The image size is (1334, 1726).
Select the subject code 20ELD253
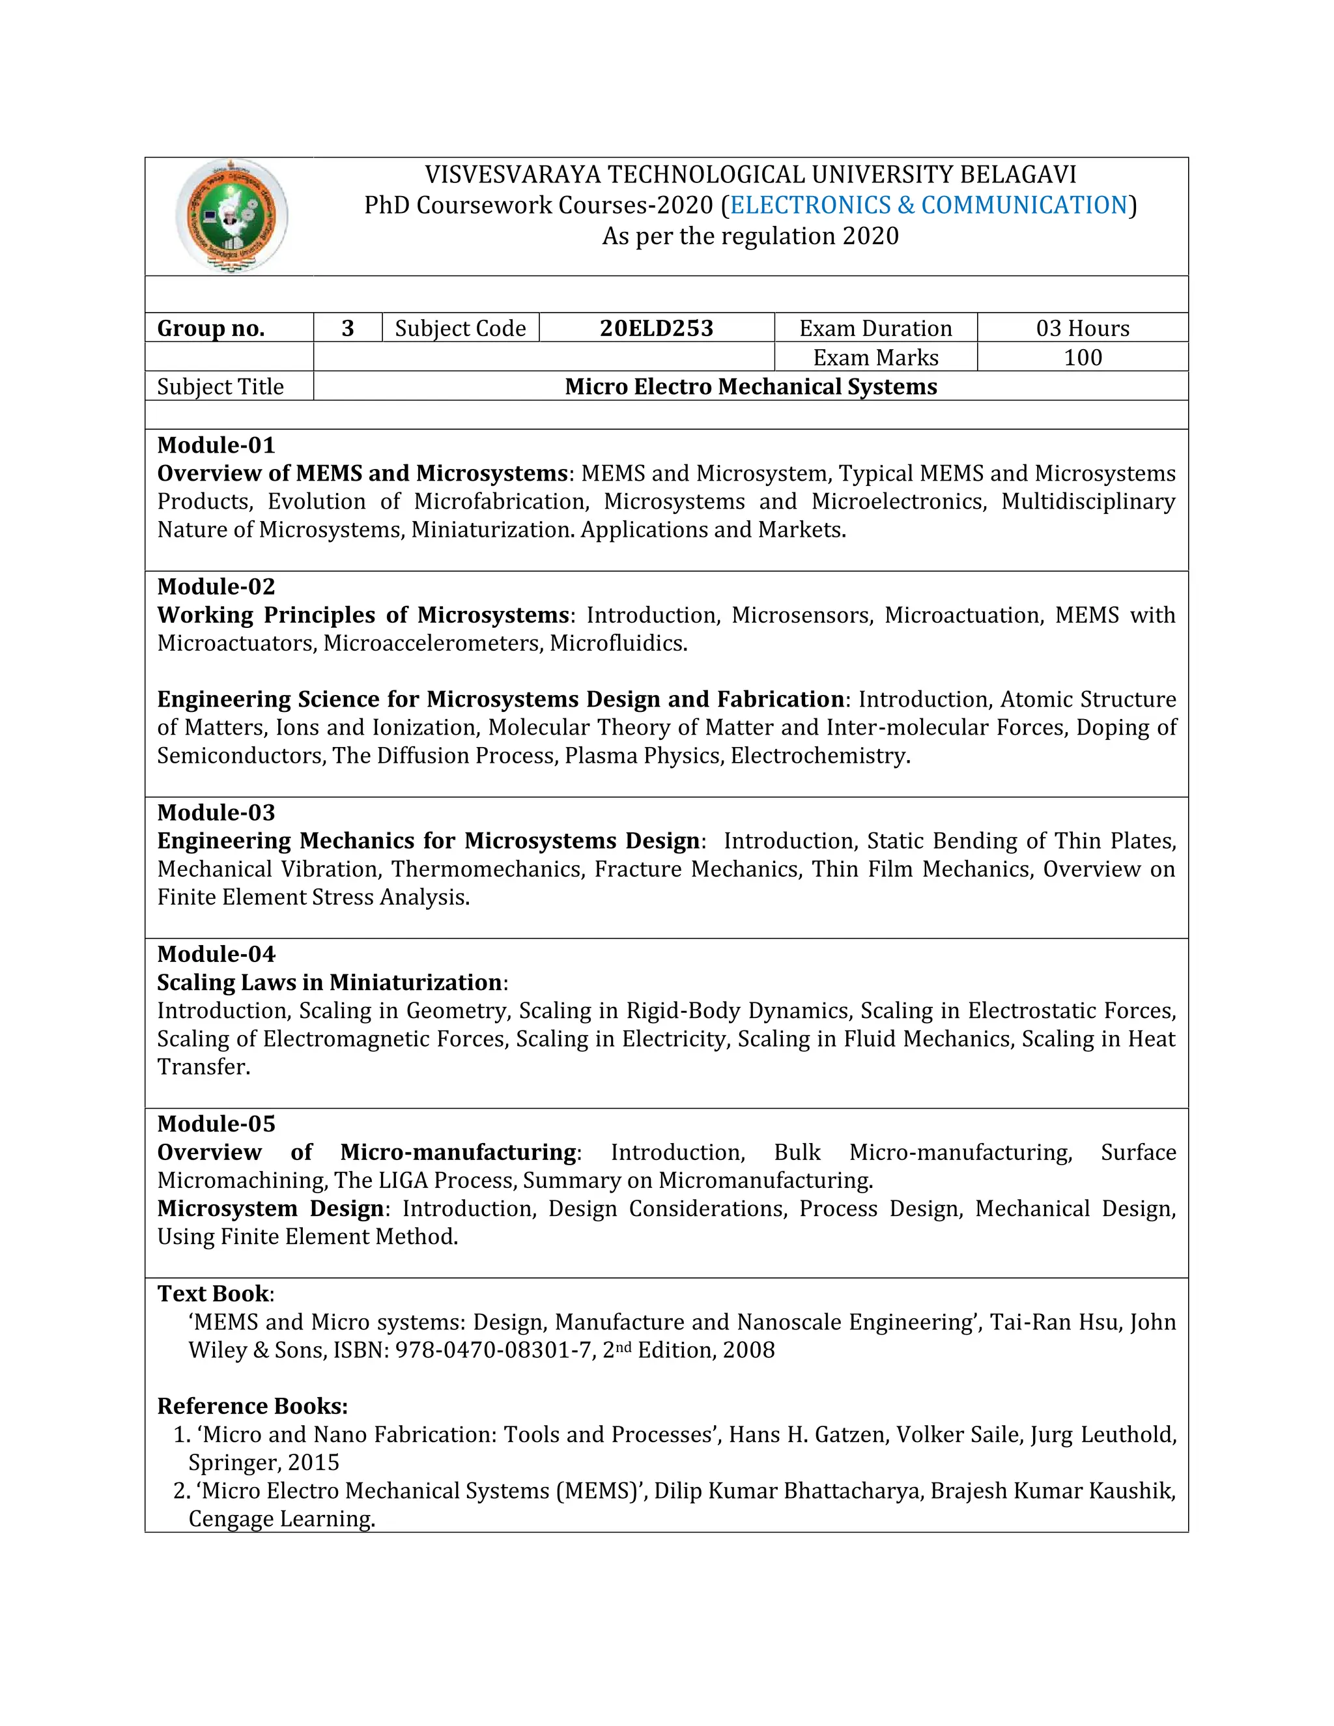656,328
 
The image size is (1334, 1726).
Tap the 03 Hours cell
1082,328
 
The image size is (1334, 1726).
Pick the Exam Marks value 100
1082,357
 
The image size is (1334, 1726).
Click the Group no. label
211,328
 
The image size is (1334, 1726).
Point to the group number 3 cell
348,328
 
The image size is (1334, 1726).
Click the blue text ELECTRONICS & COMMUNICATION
929,205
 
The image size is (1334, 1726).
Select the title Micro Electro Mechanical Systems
751,386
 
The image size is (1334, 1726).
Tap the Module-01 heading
216,445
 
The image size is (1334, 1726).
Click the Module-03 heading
216,812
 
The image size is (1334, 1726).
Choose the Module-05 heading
216,1124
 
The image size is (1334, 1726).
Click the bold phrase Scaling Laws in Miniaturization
330,982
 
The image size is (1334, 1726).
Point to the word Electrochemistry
819,756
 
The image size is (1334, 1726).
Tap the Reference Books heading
252,1406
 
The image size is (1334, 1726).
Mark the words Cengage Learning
281,1519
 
